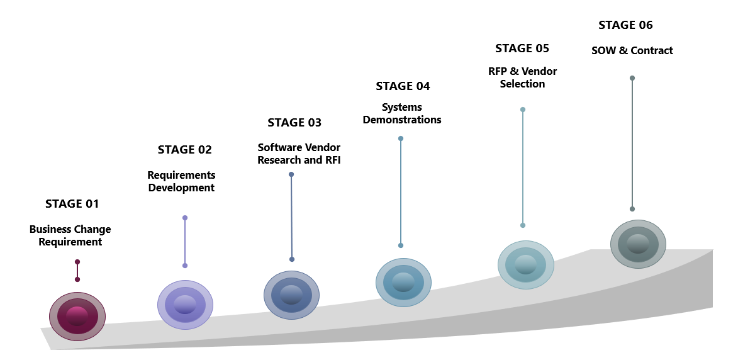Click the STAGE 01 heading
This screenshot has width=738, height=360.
(72, 204)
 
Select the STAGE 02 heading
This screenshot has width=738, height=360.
(184, 150)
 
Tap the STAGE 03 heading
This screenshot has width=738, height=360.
(294, 122)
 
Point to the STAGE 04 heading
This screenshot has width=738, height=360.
(403, 86)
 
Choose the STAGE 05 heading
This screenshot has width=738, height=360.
(522, 48)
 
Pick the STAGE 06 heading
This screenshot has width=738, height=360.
(625, 25)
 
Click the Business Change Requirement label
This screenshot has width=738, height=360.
(70, 235)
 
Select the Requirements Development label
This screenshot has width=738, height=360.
(181, 181)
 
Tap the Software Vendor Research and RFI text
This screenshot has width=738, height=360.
(299, 154)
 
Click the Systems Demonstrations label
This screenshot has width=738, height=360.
(402, 113)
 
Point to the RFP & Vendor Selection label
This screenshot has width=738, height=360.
(522, 77)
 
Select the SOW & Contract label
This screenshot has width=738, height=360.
(632, 50)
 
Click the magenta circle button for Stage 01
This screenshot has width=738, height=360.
(77, 316)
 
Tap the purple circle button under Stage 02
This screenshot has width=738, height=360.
(185, 305)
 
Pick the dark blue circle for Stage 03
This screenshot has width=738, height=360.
(291, 295)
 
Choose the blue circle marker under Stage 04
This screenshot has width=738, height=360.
(403, 283)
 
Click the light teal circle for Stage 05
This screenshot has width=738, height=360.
(526, 265)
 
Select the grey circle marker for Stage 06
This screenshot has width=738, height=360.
(638, 244)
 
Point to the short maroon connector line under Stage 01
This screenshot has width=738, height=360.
(77, 271)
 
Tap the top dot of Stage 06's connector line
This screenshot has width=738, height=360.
(632, 78)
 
